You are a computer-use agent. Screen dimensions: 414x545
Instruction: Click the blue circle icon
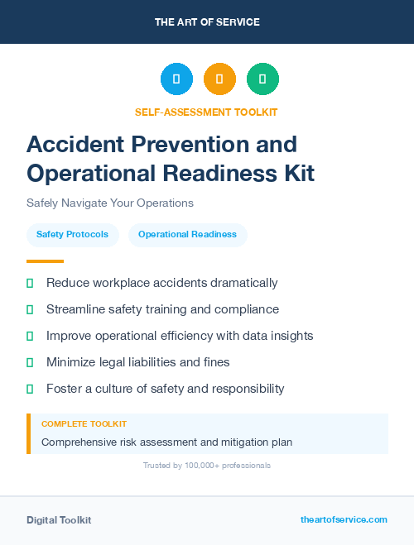tap(176, 79)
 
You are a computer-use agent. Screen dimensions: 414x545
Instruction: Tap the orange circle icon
tap(219, 79)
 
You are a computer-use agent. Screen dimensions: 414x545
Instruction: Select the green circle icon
tap(262, 79)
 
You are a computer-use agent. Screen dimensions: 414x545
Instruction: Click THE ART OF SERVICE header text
tap(207, 22)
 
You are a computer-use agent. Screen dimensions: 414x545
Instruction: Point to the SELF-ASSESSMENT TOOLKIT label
tap(207, 112)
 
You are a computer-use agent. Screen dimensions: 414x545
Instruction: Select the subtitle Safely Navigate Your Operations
tap(109, 203)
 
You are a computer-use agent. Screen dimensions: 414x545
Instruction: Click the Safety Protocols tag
tap(72, 235)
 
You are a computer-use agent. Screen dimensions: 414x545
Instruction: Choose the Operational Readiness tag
tap(187, 235)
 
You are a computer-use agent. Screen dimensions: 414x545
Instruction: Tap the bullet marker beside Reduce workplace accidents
tap(30, 283)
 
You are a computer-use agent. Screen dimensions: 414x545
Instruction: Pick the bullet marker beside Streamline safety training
tap(30, 309)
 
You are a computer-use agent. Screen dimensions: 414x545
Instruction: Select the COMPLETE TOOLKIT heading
tap(84, 423)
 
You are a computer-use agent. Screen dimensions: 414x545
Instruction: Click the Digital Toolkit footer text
tap(59, 520)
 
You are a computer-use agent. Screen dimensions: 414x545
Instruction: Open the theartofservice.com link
tap(344, 519)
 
